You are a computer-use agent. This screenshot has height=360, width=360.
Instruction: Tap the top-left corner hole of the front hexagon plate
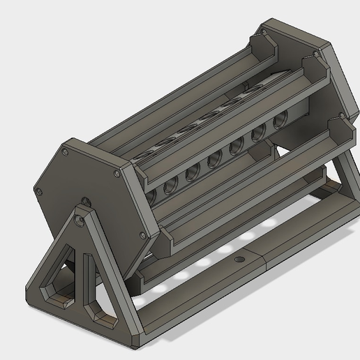65,151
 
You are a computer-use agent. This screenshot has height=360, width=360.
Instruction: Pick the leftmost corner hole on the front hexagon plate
40,190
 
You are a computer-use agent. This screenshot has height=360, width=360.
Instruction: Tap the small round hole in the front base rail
240,259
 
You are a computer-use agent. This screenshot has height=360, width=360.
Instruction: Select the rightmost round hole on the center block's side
280,121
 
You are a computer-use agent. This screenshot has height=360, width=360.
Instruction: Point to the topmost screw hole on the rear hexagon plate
264,33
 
